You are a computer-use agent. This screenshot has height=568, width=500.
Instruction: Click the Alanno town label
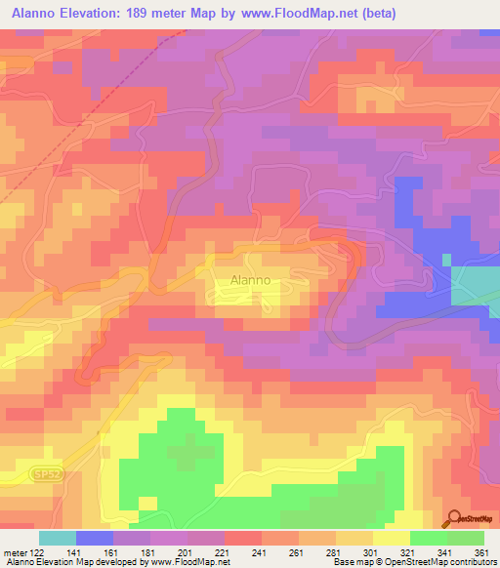[249, 280]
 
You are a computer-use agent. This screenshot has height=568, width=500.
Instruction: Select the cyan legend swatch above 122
[57, 538]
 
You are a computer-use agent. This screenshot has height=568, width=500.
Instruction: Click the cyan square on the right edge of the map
[474, 286]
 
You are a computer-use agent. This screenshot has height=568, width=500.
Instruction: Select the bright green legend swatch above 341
[428, 538]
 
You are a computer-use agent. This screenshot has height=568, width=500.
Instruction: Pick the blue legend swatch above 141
[94, 538]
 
